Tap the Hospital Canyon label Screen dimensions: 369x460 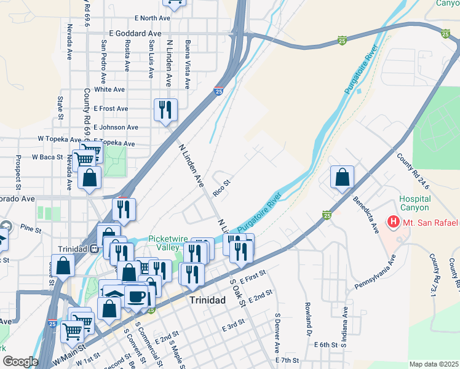click(x=414, y=204)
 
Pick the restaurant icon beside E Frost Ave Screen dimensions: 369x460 click(x=165, y=110)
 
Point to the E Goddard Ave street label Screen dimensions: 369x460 click(x=135, y=33)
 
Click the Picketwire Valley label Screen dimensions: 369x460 click(x=163, y=243)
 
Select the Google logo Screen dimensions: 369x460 click(x=20, y=362)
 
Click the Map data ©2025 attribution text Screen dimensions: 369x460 click(x=433, y=364)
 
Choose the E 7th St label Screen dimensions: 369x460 click(x=287, y=360)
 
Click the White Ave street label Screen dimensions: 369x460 click(x=109, y=89)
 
